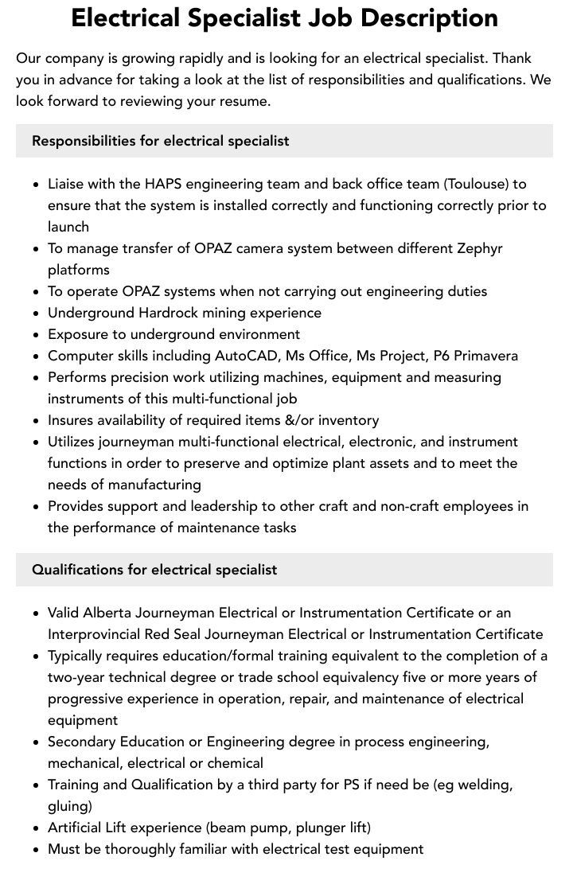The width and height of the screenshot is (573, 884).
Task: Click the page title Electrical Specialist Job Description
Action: click(285, 18)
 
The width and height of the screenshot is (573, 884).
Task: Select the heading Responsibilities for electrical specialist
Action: click(160, 141)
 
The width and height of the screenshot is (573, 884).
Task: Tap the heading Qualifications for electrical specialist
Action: click(154, 570)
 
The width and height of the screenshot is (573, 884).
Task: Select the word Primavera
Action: click(486, 356)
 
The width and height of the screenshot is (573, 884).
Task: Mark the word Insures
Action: click(73, 420)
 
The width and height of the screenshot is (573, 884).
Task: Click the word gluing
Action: click(69, 806)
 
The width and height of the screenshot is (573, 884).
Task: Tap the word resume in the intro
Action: click(244, 101)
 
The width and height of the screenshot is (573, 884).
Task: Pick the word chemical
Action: click(235, 763)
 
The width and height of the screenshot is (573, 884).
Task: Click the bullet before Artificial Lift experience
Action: click(37, 828)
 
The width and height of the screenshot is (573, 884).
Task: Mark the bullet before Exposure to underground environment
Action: click(37, 335)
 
